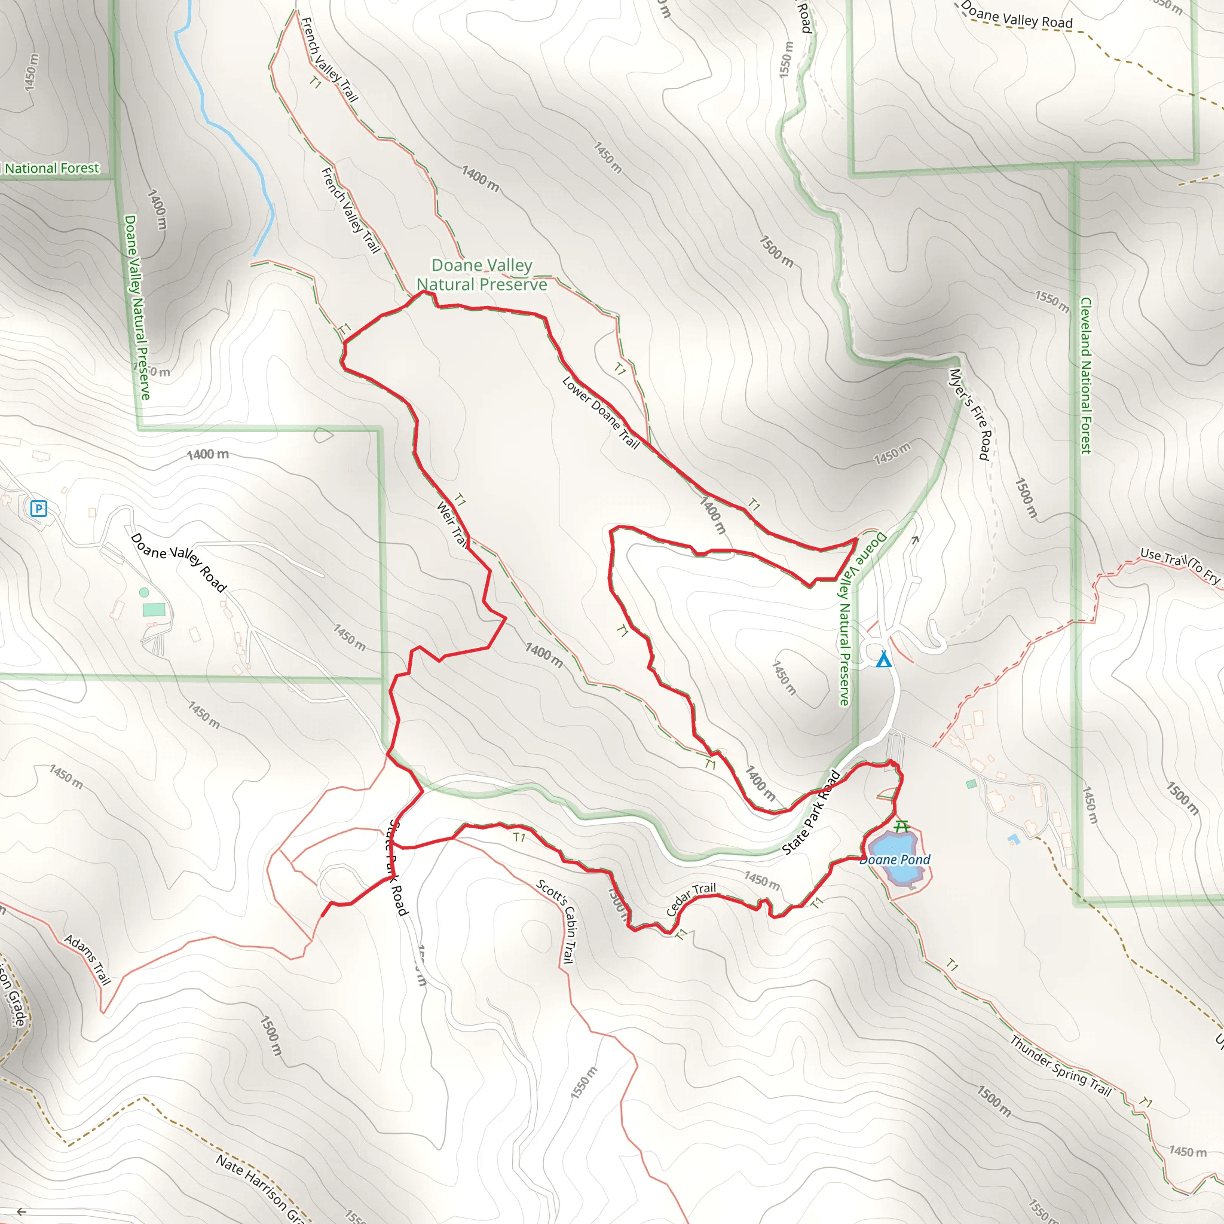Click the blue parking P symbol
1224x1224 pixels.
(x=39, y=508)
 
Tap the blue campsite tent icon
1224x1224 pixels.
(x=883, y=660)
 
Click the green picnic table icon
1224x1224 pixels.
(x=901, y=826)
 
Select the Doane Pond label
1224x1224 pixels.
(x=895, y=859)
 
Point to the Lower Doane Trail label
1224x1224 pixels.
(x=601, y=412)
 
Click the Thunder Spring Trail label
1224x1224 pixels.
(x=1061, y=1066)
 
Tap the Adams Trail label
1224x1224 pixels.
(x=87, y=959)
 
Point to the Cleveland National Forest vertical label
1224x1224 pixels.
(x=1086, y=376)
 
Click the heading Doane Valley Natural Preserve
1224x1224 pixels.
(x=482, y=274)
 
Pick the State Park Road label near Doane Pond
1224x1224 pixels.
(x=811, y=812)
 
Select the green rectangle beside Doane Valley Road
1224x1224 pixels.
(x=154, y=610)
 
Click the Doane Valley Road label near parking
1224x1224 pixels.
(x=179, y=562)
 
